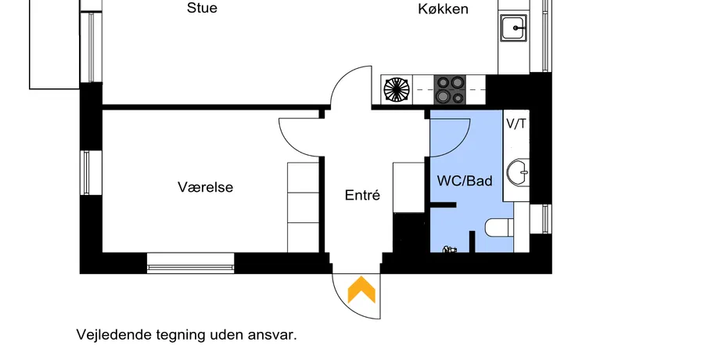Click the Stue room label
(202, 9)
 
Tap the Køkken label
(443, 9)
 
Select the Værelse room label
(206, 188)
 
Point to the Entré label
(362, 195)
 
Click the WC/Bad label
(465, 182)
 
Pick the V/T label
(516, 124)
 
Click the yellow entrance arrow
(360, 290)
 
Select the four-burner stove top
(449, 88)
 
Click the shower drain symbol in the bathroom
(449, 250)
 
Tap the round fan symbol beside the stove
(397, 88)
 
